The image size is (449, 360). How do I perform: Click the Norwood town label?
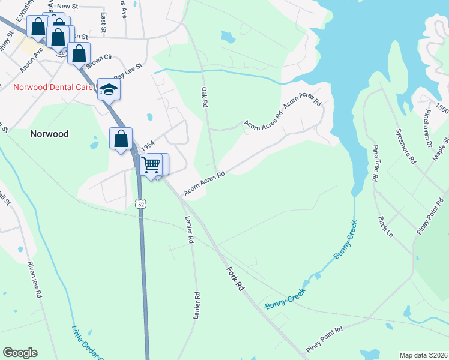point(50,134)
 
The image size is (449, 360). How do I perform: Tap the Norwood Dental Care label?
point(53,87)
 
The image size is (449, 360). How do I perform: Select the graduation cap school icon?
point(109,89)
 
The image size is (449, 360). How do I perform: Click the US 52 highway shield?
point(140,204)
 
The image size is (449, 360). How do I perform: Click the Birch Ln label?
point(385,226)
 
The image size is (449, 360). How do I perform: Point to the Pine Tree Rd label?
point(375,163)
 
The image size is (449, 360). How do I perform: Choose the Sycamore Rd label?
point(405,146)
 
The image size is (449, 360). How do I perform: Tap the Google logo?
point(20,353)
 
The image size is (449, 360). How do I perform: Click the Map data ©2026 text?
point(423,355)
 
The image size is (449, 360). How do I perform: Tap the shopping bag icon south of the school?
point(121,139)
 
